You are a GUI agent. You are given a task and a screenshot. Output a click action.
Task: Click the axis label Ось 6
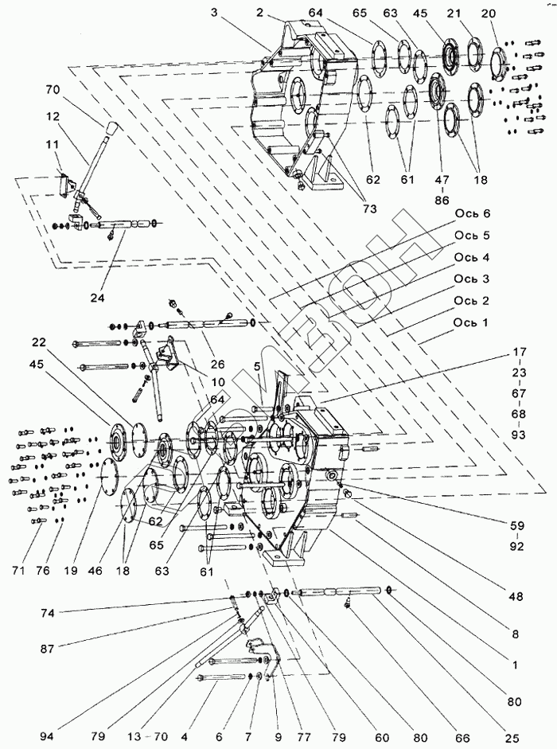(x=473, y=213)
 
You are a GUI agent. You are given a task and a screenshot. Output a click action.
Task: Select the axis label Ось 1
(x=473, y=323)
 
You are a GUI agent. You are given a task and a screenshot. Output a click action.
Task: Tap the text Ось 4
(x=473, y=257)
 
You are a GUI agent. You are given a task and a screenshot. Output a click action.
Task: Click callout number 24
(x=96, y=298)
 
